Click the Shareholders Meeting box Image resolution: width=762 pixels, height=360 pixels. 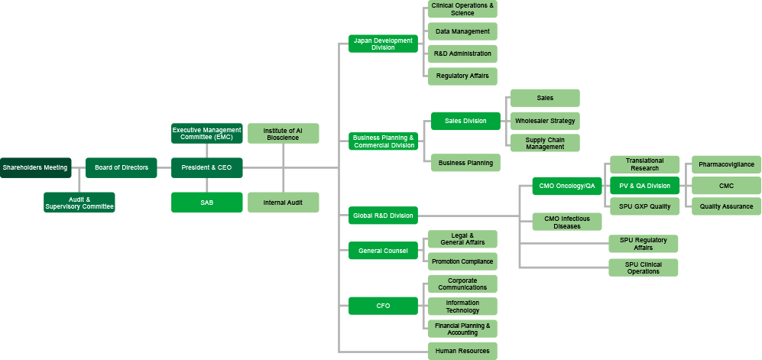35,167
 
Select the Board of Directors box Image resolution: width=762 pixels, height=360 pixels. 121,167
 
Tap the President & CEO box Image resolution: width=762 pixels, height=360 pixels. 206,167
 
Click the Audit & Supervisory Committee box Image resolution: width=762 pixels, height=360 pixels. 79,203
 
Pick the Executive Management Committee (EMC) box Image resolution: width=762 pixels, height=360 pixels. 206,134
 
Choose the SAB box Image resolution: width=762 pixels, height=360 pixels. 206,203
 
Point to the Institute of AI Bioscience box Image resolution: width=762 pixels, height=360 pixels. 283,134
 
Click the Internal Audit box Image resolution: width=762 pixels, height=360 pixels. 283,203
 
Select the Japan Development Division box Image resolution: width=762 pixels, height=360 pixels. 383,44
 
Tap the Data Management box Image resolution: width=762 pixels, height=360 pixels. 462,31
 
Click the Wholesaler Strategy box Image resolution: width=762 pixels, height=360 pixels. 544,121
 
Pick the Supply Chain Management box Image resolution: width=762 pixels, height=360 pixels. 544,143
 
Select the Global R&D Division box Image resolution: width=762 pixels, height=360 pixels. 383,216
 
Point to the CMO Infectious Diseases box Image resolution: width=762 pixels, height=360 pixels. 566,222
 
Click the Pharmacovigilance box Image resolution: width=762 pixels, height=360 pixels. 725,164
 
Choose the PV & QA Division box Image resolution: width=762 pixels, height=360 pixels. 644,186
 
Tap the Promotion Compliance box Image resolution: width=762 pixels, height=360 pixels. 462,261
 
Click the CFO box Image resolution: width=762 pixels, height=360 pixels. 383,306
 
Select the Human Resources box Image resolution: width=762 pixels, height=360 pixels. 462,351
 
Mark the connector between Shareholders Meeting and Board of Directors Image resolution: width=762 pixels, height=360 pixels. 78,167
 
